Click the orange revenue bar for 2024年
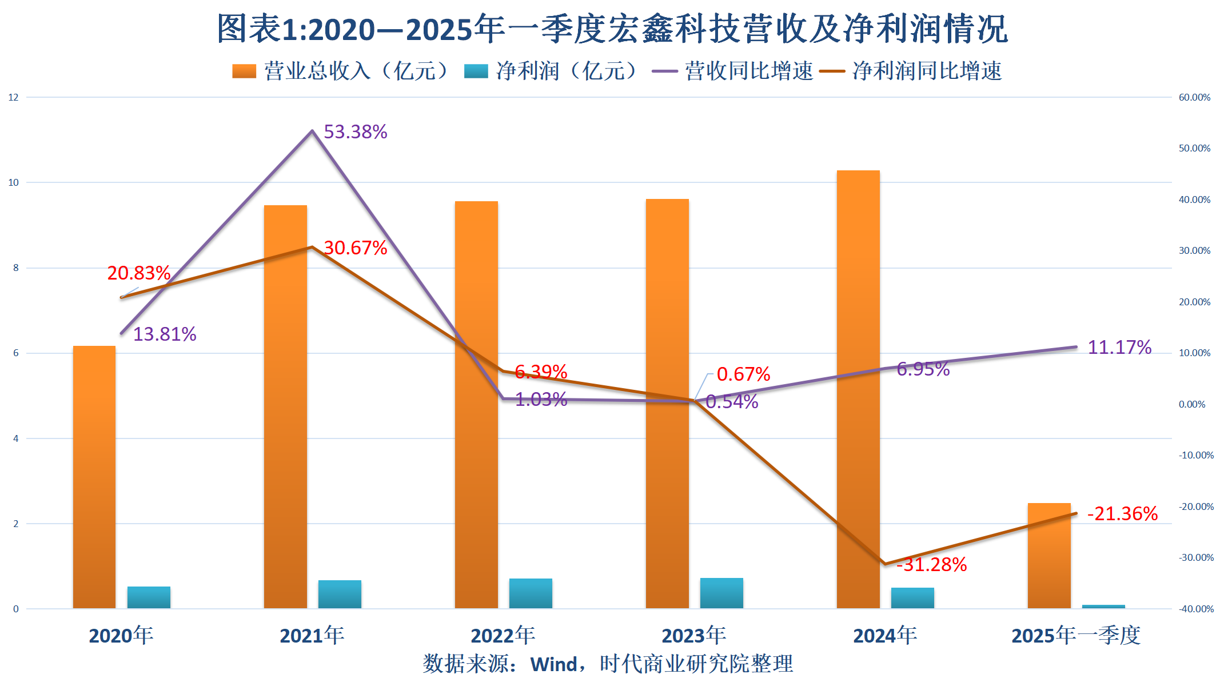pyautogui.click(x=858, y=389)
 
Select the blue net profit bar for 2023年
pyautogui.click(x=721, y=593)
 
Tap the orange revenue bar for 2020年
pyautogui.click(x=94, y=477)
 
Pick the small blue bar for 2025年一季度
pyautogui.click(x=1103, y=606)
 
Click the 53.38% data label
pyautogui.click(x=355, y=132)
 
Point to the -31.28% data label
pyautogui.click(x=931, y=565)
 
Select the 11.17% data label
pyautogui.click(x=1119, y=348)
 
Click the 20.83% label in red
pyautogui.click(x=139, y=273)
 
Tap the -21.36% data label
pyautogui.click(x=1122, y=514)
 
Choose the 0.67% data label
pyautogui.click(x=743, y=374)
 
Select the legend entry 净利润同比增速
pyautogui.click(x=926, y=71)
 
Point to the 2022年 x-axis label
pyautogui.click(x=503, y=636)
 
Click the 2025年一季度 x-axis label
pyautogui.click(x=1076, y=636)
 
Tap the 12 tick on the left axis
pyautogui.click(x=13, y=97)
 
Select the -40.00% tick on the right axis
pyautogui.click(x=1196, y=609)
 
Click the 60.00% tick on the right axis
pyautogui.click(x=1194, y=97)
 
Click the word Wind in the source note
pyautogui.click(x=554, y=664)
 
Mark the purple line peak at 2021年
pyautogui.click(x=312, y=131)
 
